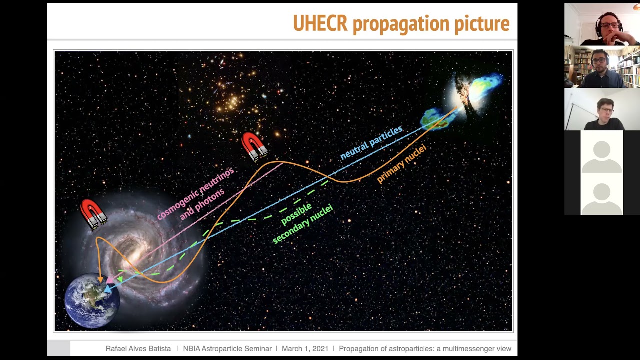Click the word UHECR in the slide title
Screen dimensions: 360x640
coord(320,24)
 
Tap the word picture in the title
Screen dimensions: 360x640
coord(481,24)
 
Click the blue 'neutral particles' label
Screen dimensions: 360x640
coord(371,143)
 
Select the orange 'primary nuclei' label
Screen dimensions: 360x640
coord(401,164)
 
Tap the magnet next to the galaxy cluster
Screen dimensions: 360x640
coord(254,146)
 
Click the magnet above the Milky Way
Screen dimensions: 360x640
coord(93,214)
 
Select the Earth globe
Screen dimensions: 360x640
coord(92,301)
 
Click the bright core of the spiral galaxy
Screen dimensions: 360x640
coord(134,256)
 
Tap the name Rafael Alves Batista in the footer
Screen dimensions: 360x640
coord(138,349)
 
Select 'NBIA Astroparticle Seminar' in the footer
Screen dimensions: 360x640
coord(227,349)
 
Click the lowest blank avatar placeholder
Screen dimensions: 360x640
coord(602,194)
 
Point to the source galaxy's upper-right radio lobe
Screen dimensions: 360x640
coord(487,85)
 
